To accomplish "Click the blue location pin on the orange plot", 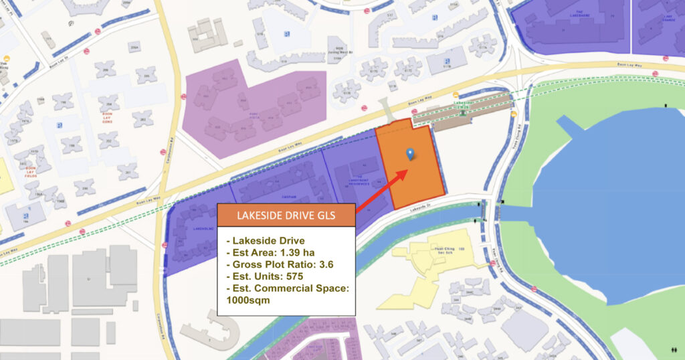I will click(410, 154).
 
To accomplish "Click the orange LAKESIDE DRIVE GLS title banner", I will click(286, 215).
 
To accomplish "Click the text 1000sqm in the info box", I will click(252, 301).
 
